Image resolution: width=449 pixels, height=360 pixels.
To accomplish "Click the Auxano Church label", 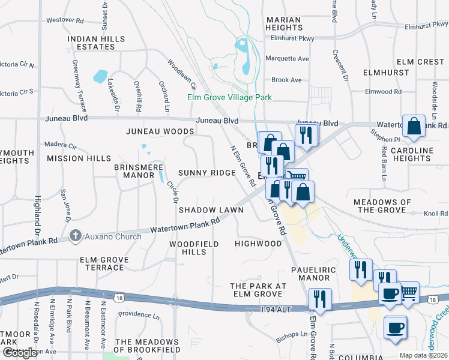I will [113, 236].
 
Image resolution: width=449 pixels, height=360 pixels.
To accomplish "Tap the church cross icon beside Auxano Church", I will [76, 236].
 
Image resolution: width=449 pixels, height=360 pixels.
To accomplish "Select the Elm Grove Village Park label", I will [229, 97].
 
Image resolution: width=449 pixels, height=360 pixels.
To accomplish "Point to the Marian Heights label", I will [283, 23].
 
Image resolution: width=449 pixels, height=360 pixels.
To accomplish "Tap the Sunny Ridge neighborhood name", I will [206, 173].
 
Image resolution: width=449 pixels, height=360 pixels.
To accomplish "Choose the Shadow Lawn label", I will [211, 210].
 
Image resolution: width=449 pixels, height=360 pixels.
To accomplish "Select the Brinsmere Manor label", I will [139, 171].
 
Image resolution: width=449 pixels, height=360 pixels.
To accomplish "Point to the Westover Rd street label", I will [64, 20].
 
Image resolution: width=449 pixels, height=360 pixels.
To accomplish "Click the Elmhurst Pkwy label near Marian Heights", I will [292, 38].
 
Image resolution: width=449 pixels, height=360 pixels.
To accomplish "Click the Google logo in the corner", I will [20, 352].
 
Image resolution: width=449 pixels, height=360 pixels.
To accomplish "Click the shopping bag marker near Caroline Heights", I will [414, 127].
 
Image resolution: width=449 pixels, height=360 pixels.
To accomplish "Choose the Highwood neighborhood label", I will [258, 244].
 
